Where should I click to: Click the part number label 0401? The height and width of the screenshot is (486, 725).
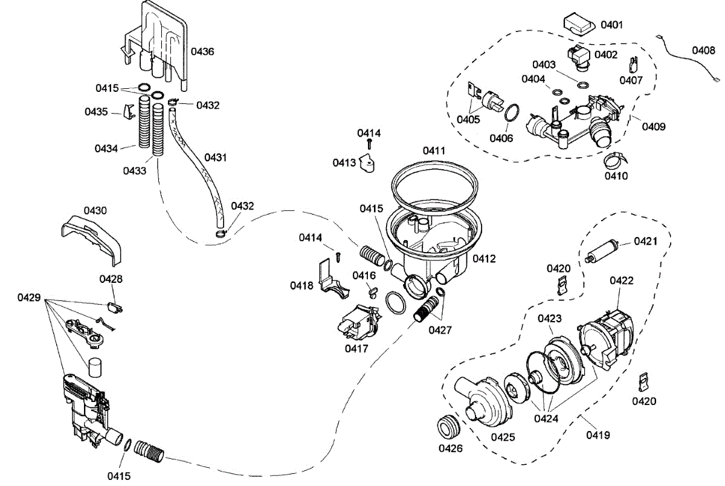(x=611, y=25)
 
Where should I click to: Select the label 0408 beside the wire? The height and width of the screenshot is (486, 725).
(x=704, y=50)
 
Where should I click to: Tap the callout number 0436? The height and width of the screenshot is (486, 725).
(x=202, y=51)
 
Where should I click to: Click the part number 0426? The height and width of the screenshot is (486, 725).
(x=451, y=448)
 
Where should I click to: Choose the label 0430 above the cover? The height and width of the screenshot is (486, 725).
(x=95, y=210)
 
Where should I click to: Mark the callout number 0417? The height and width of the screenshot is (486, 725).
(x=357, y=348)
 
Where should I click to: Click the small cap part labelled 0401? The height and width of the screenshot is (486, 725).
(x=579, y=25)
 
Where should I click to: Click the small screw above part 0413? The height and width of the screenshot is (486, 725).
(x=369, y=143)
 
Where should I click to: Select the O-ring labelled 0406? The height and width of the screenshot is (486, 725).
(x=511, y=112)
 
